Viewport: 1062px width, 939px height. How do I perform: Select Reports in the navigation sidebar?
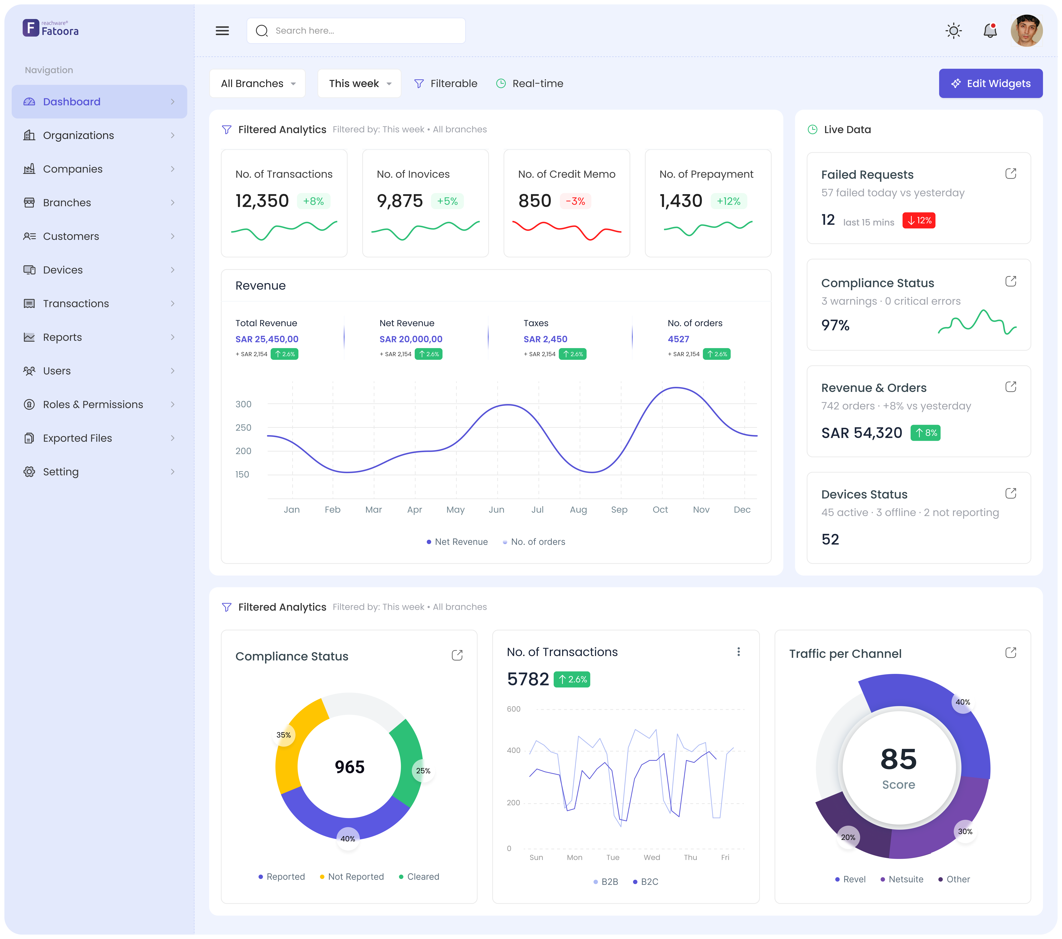[62, 337]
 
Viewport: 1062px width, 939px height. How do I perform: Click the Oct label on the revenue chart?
[660, 510]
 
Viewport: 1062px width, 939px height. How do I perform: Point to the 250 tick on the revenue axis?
[243, 427]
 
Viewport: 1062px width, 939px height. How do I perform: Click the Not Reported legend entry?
[355, 877]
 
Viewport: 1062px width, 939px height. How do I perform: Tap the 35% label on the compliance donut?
[284, 735]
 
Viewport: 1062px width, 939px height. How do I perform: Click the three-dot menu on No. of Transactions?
[738, 652]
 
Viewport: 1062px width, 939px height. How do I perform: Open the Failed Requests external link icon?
[1011, 174]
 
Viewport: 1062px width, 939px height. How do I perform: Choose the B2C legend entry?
[649, 882]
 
